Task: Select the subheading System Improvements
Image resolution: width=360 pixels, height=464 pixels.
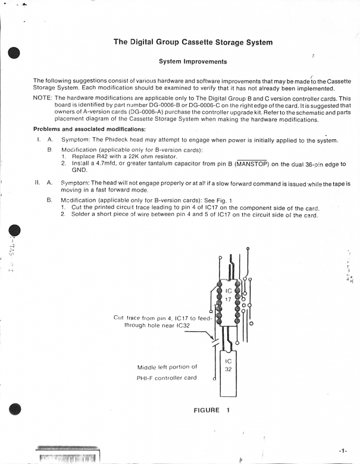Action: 193,62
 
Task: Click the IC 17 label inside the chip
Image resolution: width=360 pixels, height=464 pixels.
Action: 228,295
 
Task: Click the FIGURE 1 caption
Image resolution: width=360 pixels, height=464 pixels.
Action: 211,410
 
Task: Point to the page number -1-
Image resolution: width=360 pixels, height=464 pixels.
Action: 343,451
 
